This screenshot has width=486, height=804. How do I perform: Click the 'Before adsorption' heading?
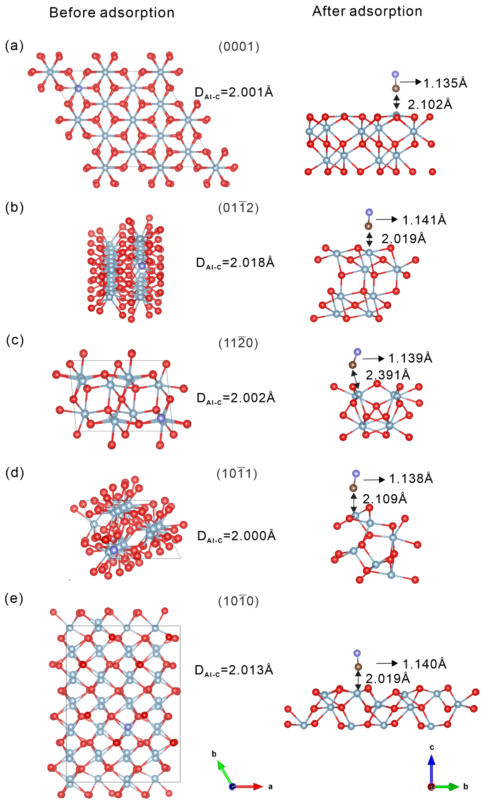tap(112, 13)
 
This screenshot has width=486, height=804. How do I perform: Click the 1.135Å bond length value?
tap(445, 83)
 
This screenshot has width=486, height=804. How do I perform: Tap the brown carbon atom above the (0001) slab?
tap(396, 88)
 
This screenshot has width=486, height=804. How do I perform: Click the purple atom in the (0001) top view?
tap(78, 88)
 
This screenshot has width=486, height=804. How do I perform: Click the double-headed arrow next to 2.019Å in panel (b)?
tap(369, 239)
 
